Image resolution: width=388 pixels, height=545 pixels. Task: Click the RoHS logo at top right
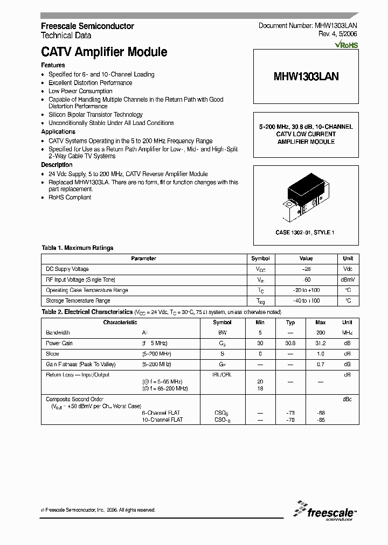[x=346, y=45]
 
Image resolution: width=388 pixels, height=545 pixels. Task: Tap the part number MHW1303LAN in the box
[x=306, y=76]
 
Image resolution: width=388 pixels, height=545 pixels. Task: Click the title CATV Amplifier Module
[x=104, y=52]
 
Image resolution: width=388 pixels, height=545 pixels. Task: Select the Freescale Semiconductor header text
[x=88, y=26]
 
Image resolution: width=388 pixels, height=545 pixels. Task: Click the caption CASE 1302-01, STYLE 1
[x=306, y=232]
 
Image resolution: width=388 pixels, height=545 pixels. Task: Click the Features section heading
[x=53, y=65]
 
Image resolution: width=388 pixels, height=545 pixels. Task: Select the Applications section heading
[x=58, y=131]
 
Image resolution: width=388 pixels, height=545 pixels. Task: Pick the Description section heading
[x=57, y=165]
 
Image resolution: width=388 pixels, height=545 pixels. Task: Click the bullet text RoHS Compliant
[x=70, y=197]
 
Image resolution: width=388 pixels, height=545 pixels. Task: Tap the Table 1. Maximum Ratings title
[x=78, y=248]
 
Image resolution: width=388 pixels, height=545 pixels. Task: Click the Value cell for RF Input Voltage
[x=306, y=280]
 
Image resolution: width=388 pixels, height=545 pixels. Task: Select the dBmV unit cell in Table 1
[x=348, y=280]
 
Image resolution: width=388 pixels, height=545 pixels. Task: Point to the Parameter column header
[x=143, y=258]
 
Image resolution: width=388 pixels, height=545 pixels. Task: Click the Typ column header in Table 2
[x=290, y=323]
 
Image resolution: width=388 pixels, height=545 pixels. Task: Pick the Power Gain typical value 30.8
[x=290, y=344]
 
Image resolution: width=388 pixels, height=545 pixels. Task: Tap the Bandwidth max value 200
[x=321, y=333]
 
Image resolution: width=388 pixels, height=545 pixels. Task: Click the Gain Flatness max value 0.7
[x=321, y=365]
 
